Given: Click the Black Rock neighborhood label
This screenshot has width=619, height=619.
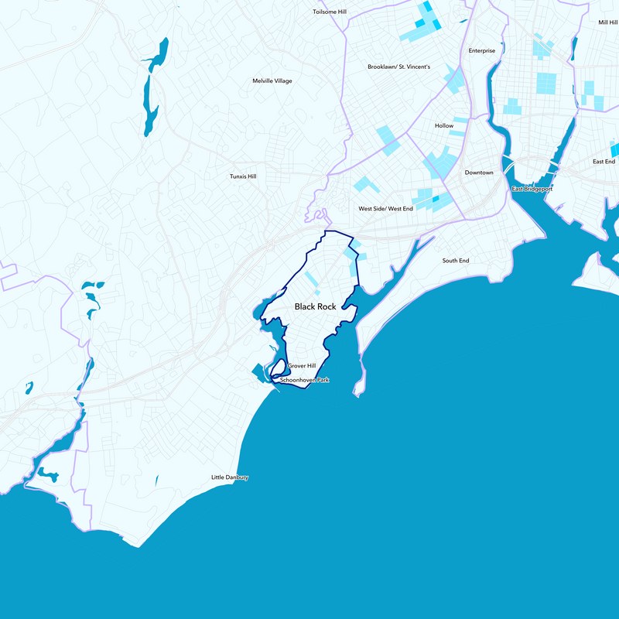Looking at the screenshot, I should [x=315, y=307].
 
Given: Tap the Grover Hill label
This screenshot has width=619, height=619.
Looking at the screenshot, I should [x=302, y=366].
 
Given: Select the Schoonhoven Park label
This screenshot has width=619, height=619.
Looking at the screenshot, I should [x=304, y=381].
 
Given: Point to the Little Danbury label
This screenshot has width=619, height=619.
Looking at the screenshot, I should [x=230, y=477].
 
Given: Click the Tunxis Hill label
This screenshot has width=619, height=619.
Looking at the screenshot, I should [x=243, y=176].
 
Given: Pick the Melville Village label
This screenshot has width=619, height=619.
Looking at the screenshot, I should [x=272, y=80].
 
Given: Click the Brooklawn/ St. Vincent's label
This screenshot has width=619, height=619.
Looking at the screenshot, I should [x=398, y=67].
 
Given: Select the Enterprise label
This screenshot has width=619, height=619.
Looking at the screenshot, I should [x=481, y=51].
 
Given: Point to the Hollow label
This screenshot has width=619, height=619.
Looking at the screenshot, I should [x=444, y=125].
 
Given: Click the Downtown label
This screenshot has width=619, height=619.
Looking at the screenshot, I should [x=479, y=173].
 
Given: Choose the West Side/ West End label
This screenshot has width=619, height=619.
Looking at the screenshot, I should [x=385, y=209].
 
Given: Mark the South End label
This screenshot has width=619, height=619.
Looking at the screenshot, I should [x=456, y=261].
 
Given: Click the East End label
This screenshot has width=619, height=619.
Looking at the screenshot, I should [x=604, y=162].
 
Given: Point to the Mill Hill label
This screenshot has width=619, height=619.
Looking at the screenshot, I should [x=607, y=22].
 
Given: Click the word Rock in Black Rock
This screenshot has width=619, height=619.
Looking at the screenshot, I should [x=327, y=307].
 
